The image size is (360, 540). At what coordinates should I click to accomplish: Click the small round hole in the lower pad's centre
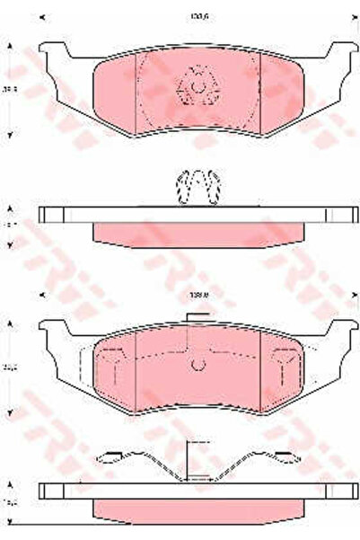pyautogui.click(x=198, y=364)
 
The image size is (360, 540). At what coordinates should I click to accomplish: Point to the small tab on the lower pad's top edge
pyautogui.click(x=197, y=317)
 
